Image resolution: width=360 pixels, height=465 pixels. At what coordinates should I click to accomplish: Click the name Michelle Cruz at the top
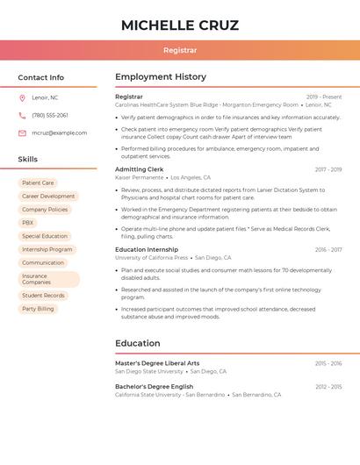tap(180, 25)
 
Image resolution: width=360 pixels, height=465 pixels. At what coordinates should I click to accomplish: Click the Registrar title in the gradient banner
tap(180, 51)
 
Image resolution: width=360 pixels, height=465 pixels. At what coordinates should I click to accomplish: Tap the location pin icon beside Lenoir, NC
tap(22, 97)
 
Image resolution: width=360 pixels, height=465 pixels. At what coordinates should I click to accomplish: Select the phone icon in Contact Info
tap(22, 115)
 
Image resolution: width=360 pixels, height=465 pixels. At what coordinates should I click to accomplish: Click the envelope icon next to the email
tap(22, 132)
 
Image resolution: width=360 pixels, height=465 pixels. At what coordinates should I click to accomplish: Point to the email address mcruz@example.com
tap(60, 132)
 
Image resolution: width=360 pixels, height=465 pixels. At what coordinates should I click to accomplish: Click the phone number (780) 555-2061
tap(50, 115)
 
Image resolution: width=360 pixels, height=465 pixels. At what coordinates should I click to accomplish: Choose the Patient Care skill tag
tap(38, 183)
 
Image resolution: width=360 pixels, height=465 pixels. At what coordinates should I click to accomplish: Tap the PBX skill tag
tap(28, 223)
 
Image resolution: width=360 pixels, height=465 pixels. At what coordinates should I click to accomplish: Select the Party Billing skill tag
tap(38, 309)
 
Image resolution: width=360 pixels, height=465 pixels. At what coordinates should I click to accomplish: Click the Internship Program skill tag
tap(47, 249)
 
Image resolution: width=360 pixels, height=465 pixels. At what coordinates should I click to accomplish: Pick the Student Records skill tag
tap(43, 296)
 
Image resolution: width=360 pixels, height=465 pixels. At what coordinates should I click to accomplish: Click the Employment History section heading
tap(161, 77)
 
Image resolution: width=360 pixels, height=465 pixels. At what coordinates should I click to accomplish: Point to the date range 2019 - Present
tap(324, 97)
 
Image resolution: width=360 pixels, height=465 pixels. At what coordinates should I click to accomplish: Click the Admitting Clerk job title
tap(140, 169)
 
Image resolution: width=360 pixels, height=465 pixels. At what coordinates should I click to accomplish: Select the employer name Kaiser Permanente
tap(140, 177)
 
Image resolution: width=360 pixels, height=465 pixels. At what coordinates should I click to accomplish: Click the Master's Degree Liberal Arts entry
tap(157, 363)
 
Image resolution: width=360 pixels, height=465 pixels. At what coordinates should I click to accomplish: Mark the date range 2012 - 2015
tap(328, 387)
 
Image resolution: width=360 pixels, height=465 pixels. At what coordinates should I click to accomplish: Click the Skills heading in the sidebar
tap(28, 160)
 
